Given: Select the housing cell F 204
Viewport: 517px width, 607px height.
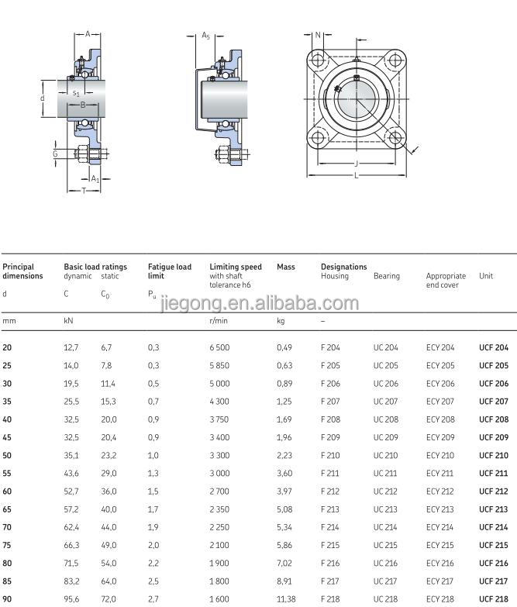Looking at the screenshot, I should (x=330, y=347).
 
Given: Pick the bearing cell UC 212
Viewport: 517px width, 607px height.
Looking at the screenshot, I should (x=386, y=491).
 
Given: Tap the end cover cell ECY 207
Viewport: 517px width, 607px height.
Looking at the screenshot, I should (x=439, y=402).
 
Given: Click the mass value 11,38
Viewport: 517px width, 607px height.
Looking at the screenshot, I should (x=286, y=598).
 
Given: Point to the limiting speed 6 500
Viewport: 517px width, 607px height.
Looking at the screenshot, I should (x=219, y=347).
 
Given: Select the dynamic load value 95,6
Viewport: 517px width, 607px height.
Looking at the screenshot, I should (x=71, y=598).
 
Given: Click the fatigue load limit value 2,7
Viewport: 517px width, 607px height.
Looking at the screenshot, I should (x=153, y=598).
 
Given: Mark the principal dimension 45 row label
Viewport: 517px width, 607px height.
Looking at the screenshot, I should (x=7, y=437).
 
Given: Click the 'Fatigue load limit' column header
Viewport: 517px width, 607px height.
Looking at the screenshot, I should (x=169, y=271).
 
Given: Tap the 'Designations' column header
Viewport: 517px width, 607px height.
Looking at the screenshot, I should (x=343, y=267).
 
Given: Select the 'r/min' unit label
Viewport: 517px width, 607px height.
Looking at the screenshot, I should (x=218, y=319).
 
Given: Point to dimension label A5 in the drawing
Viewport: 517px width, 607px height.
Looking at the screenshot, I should (x=205, y=36).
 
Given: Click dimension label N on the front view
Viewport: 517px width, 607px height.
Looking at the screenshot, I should (x=317, y=35).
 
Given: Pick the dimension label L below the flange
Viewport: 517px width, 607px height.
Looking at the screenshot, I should (x=356, y=176).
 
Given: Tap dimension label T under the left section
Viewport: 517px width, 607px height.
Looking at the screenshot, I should (x=84, y=191).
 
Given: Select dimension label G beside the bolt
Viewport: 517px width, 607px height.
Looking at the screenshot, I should (x=55, y=153).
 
